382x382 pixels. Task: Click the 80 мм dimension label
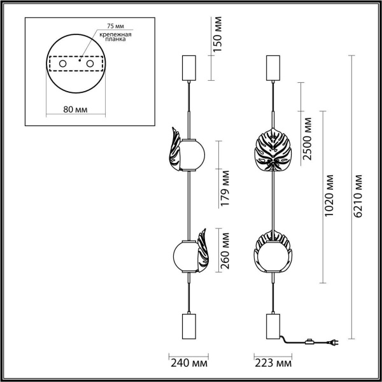coord(77,109)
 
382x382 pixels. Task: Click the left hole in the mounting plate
coord(62,64)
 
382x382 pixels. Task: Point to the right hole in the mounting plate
coord(92,64)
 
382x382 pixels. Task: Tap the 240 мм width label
coord(189,364)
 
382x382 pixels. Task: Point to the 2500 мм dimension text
coord(308,138)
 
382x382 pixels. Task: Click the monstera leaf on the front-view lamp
coord(272,151)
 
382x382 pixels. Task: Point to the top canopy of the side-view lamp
coord(188,65)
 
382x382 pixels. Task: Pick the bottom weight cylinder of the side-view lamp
coord(189,326)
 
